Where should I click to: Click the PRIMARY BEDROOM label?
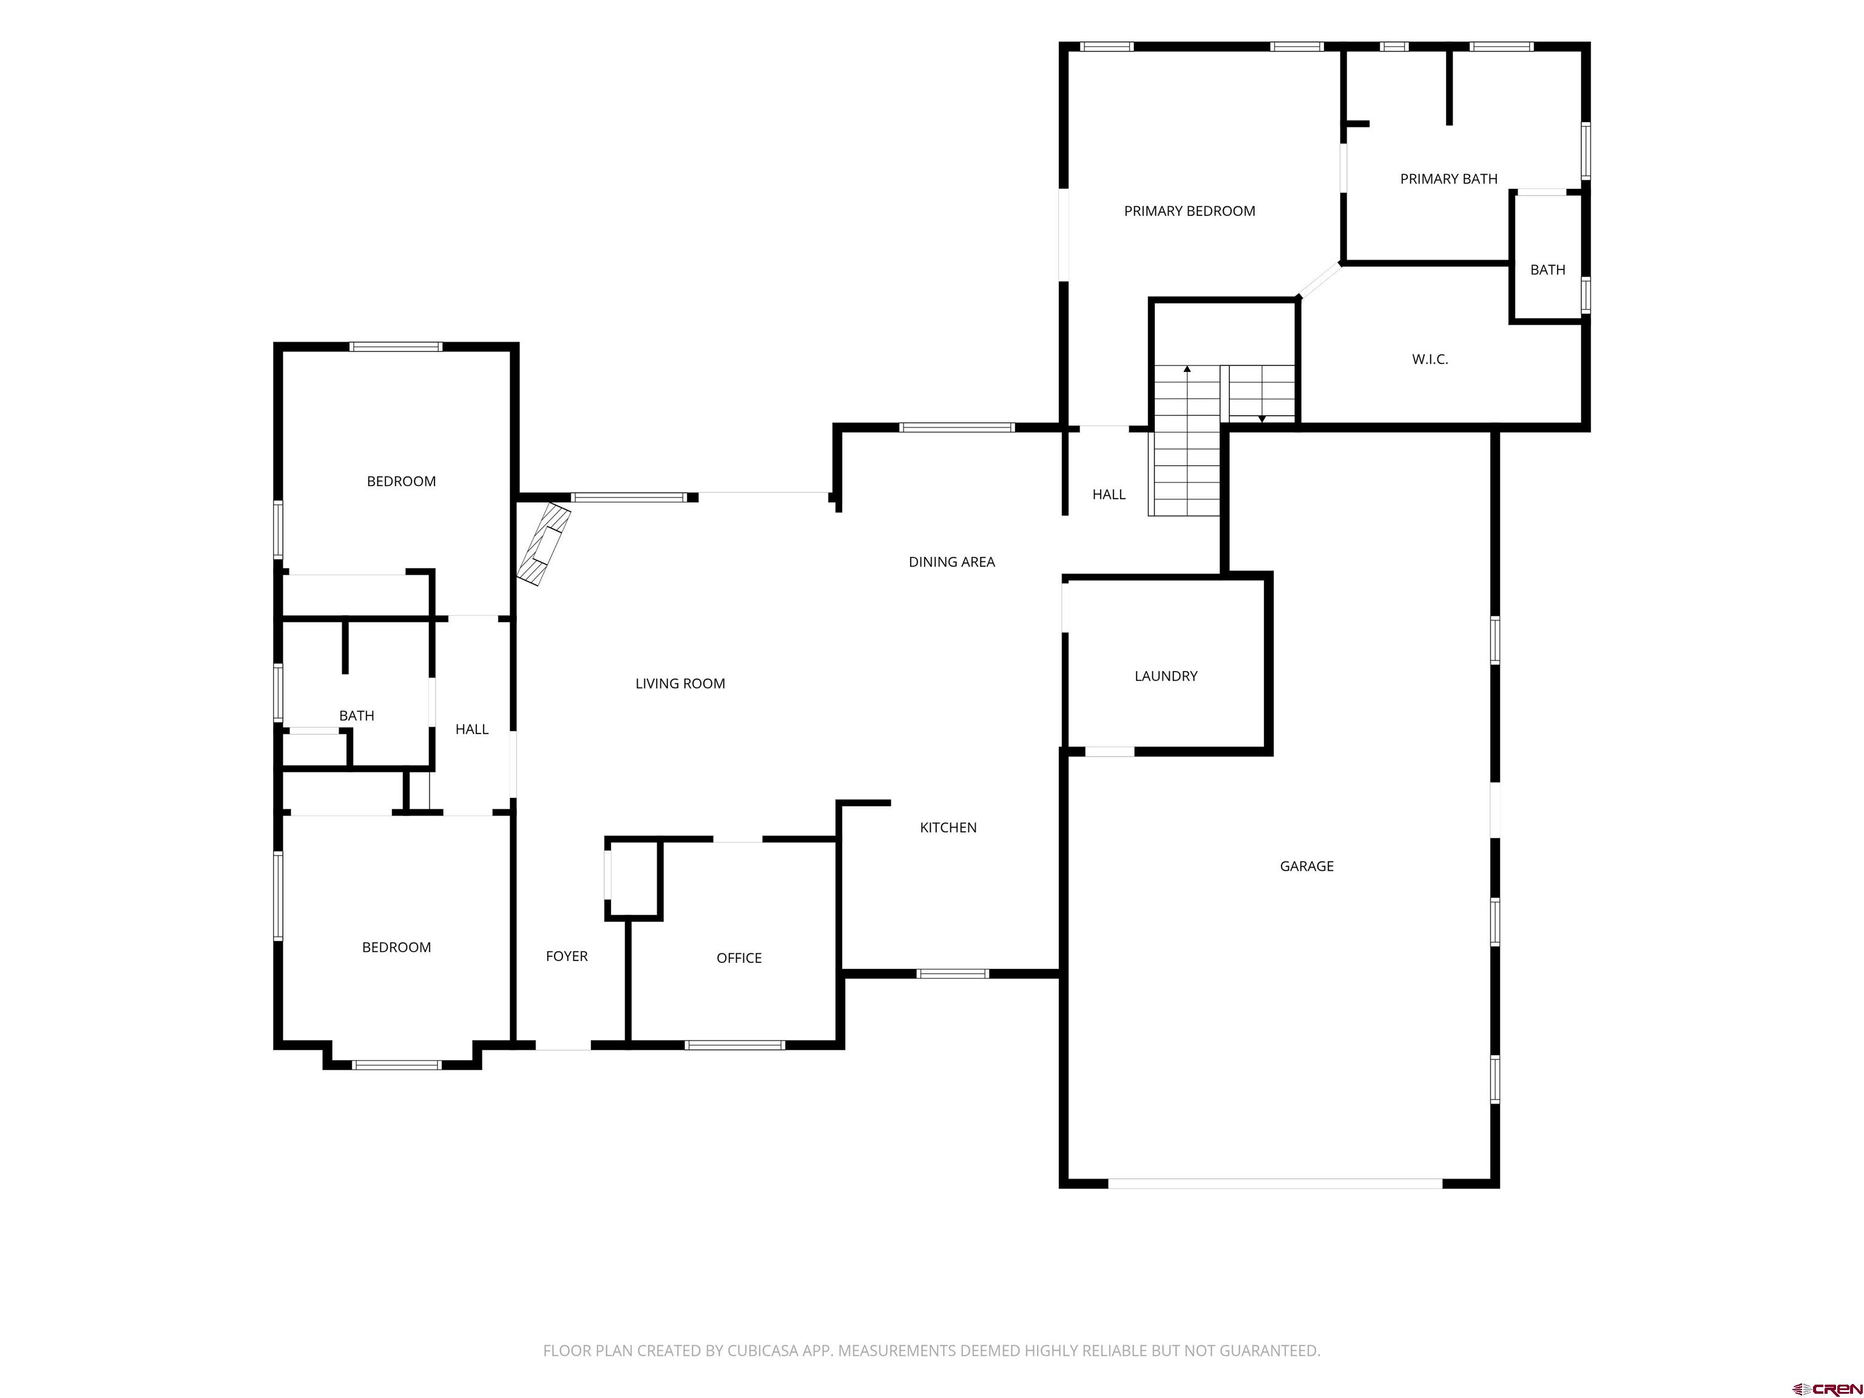tap(1189, 212)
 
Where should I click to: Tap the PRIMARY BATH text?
tap(1448, 178)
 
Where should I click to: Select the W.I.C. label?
tap(1430, 360)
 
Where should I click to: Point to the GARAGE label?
tap(1306, 866)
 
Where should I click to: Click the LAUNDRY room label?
tap(1166, 676)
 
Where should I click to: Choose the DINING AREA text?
tap(951, 562)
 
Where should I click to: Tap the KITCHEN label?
tap(948, 828)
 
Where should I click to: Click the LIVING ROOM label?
tap(680, 683)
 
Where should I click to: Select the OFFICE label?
tap(739, 958)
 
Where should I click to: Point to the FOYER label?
tap(566, 956)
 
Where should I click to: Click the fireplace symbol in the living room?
tap(544, 544)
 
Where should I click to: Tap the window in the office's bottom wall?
tap(735, 1045)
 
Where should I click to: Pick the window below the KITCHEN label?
tap(952, 973)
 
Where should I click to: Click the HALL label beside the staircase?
tap(1109, 495)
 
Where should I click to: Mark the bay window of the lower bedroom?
tap(397, 1064)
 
